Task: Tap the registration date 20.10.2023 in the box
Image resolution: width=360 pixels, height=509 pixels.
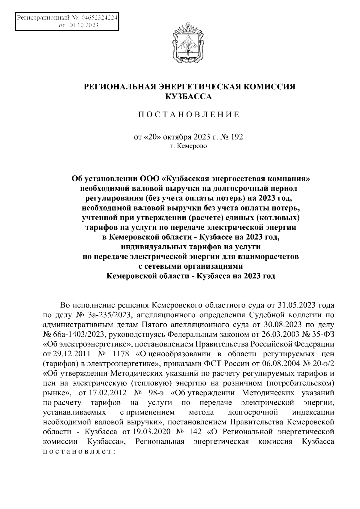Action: click(83, 26)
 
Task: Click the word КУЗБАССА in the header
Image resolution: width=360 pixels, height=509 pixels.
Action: click(189, 97)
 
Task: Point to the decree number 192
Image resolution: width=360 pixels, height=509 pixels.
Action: click(237, 137)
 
